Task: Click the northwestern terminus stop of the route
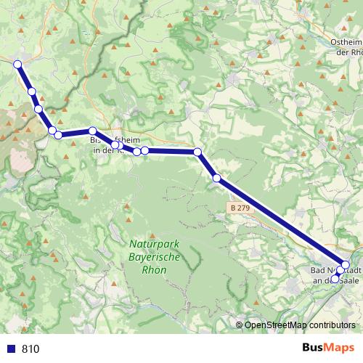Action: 17,64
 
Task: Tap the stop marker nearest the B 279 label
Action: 216,178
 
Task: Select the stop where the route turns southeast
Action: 197,152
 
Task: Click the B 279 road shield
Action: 238,208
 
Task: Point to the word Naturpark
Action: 151,244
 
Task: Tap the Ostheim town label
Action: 346,42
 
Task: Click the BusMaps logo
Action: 330,348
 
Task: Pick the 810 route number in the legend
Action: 30,348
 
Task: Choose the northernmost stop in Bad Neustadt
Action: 346,265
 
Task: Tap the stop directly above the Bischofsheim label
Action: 93,131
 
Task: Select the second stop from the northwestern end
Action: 32,91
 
